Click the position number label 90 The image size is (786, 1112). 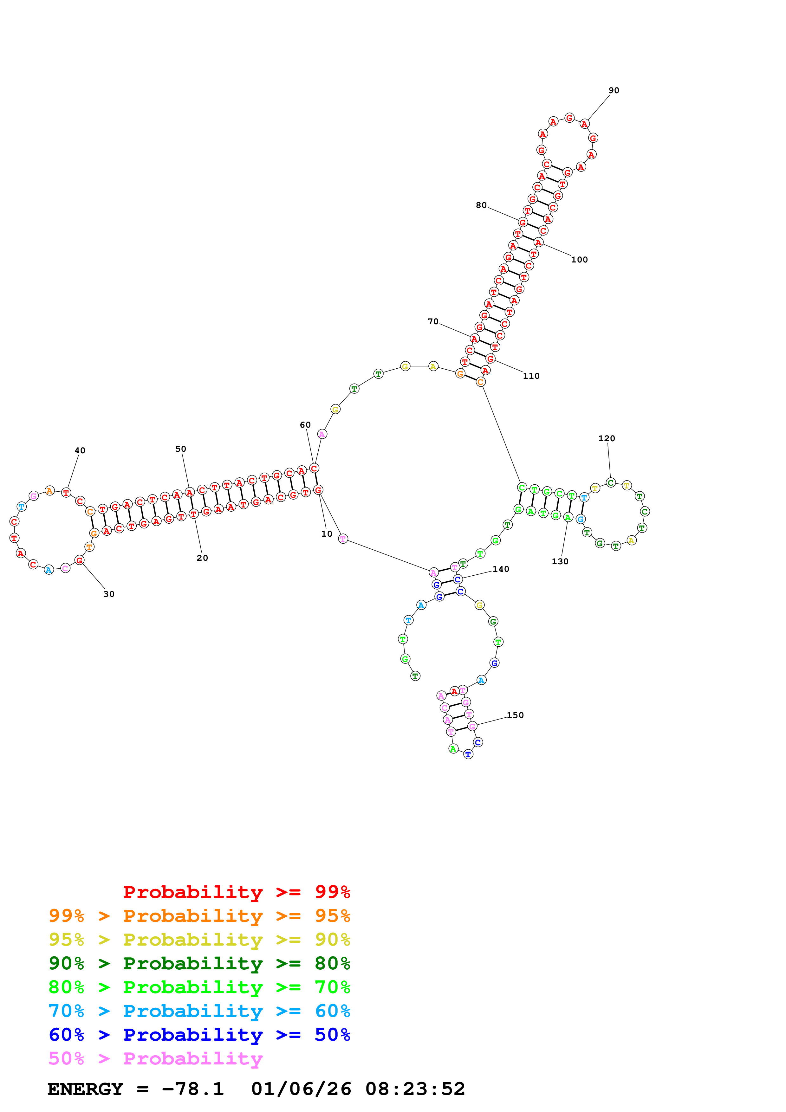click(614, 91)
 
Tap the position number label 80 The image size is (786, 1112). click(481, 205)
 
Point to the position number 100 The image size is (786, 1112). click(579, 260)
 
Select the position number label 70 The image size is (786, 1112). click(433, 322)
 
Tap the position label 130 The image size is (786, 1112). click(560, 562)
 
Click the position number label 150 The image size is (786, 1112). click(515, 715)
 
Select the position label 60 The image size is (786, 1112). click(305, 425)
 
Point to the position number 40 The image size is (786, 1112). click(80, 451)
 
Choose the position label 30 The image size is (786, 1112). click(109, 594)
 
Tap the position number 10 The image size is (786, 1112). click(327, 534)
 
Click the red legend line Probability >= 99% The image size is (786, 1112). click(236, 892)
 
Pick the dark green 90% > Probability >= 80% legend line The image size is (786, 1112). click(199, 963)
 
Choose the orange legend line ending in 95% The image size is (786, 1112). click(199, 916)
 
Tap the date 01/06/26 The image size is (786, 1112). click(301, 1089)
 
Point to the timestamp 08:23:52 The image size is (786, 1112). click(415, 1089)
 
